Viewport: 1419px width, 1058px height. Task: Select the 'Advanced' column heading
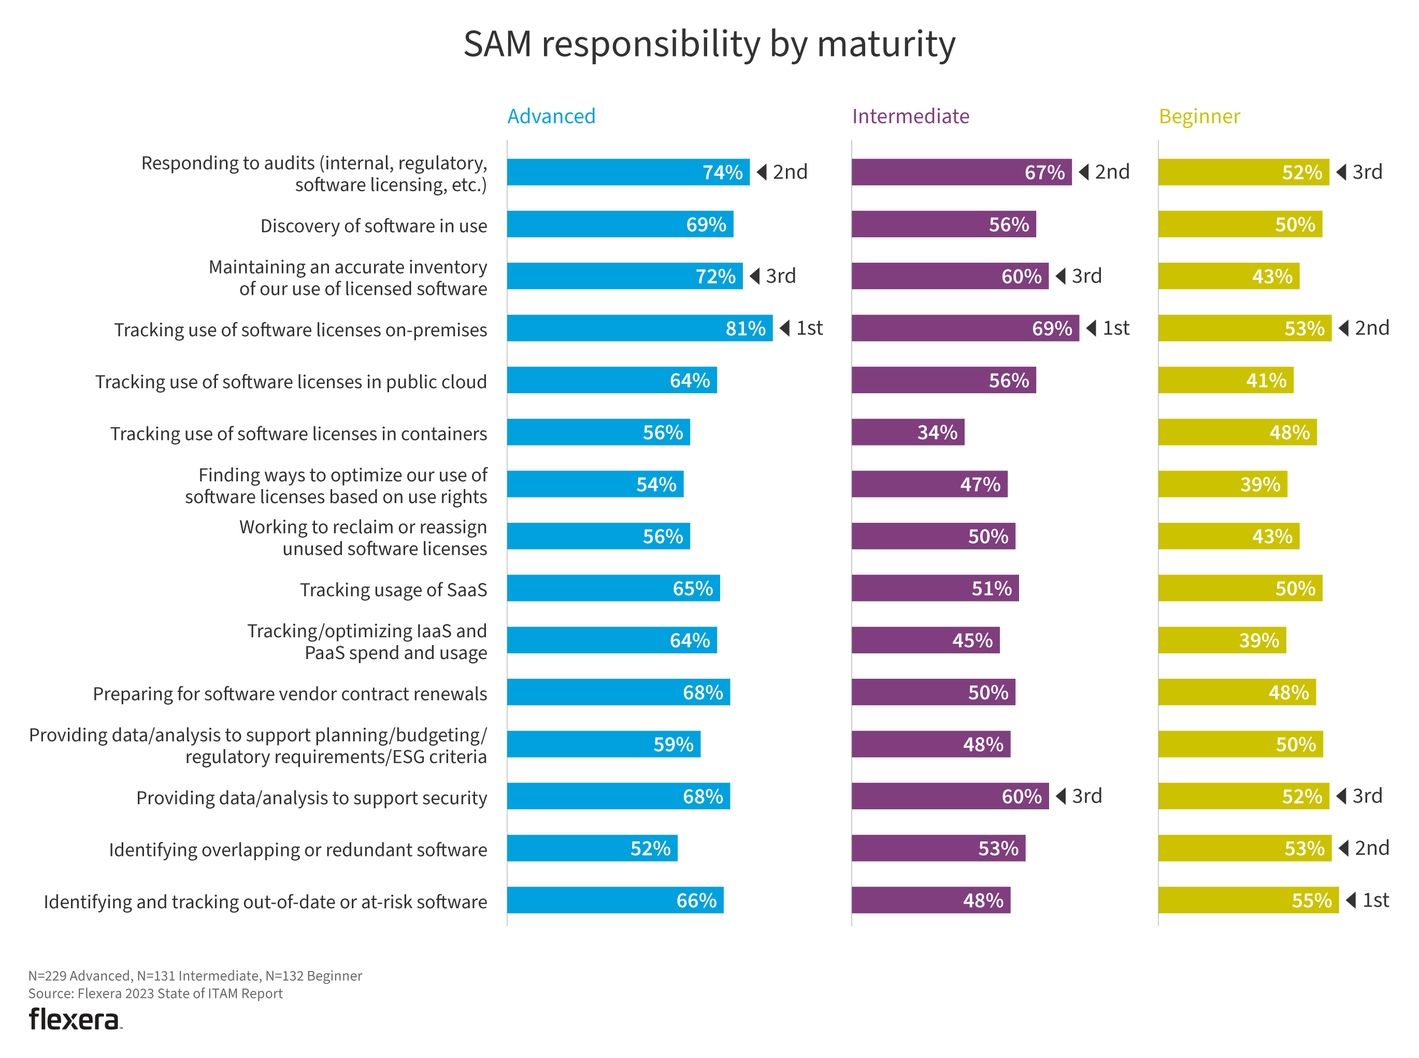tap(551, 116)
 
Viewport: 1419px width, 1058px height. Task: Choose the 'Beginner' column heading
tap(1199, 116)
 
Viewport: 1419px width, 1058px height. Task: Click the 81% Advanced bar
tap(639, 328)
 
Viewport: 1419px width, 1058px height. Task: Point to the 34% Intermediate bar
tap(907, 432)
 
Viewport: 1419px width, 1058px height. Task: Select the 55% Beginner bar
tap(1248, 900)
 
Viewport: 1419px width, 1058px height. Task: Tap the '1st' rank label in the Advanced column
tap(809, 328)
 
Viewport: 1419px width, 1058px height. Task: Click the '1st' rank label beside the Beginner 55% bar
tap(1375, 900)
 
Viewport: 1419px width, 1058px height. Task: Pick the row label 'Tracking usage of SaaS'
tap(393, 589)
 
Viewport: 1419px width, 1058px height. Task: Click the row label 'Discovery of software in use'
tap(374, 225)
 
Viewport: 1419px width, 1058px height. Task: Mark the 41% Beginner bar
tap(1225, 380)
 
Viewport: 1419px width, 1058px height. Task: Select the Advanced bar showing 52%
tap(592, 848)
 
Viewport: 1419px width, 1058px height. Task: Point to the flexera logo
tap(75, 1020)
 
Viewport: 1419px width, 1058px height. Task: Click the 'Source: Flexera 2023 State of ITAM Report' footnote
tap(155, 993)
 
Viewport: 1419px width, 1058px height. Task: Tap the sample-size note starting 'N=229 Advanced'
tap(195, 976)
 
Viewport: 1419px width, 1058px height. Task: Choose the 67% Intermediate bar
tap(961, 173)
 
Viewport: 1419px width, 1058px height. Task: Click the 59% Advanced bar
tap(603, 744)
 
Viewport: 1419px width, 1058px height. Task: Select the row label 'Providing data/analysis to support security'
tap(311, 797)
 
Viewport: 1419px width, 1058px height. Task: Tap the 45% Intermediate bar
tap(925, 640)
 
